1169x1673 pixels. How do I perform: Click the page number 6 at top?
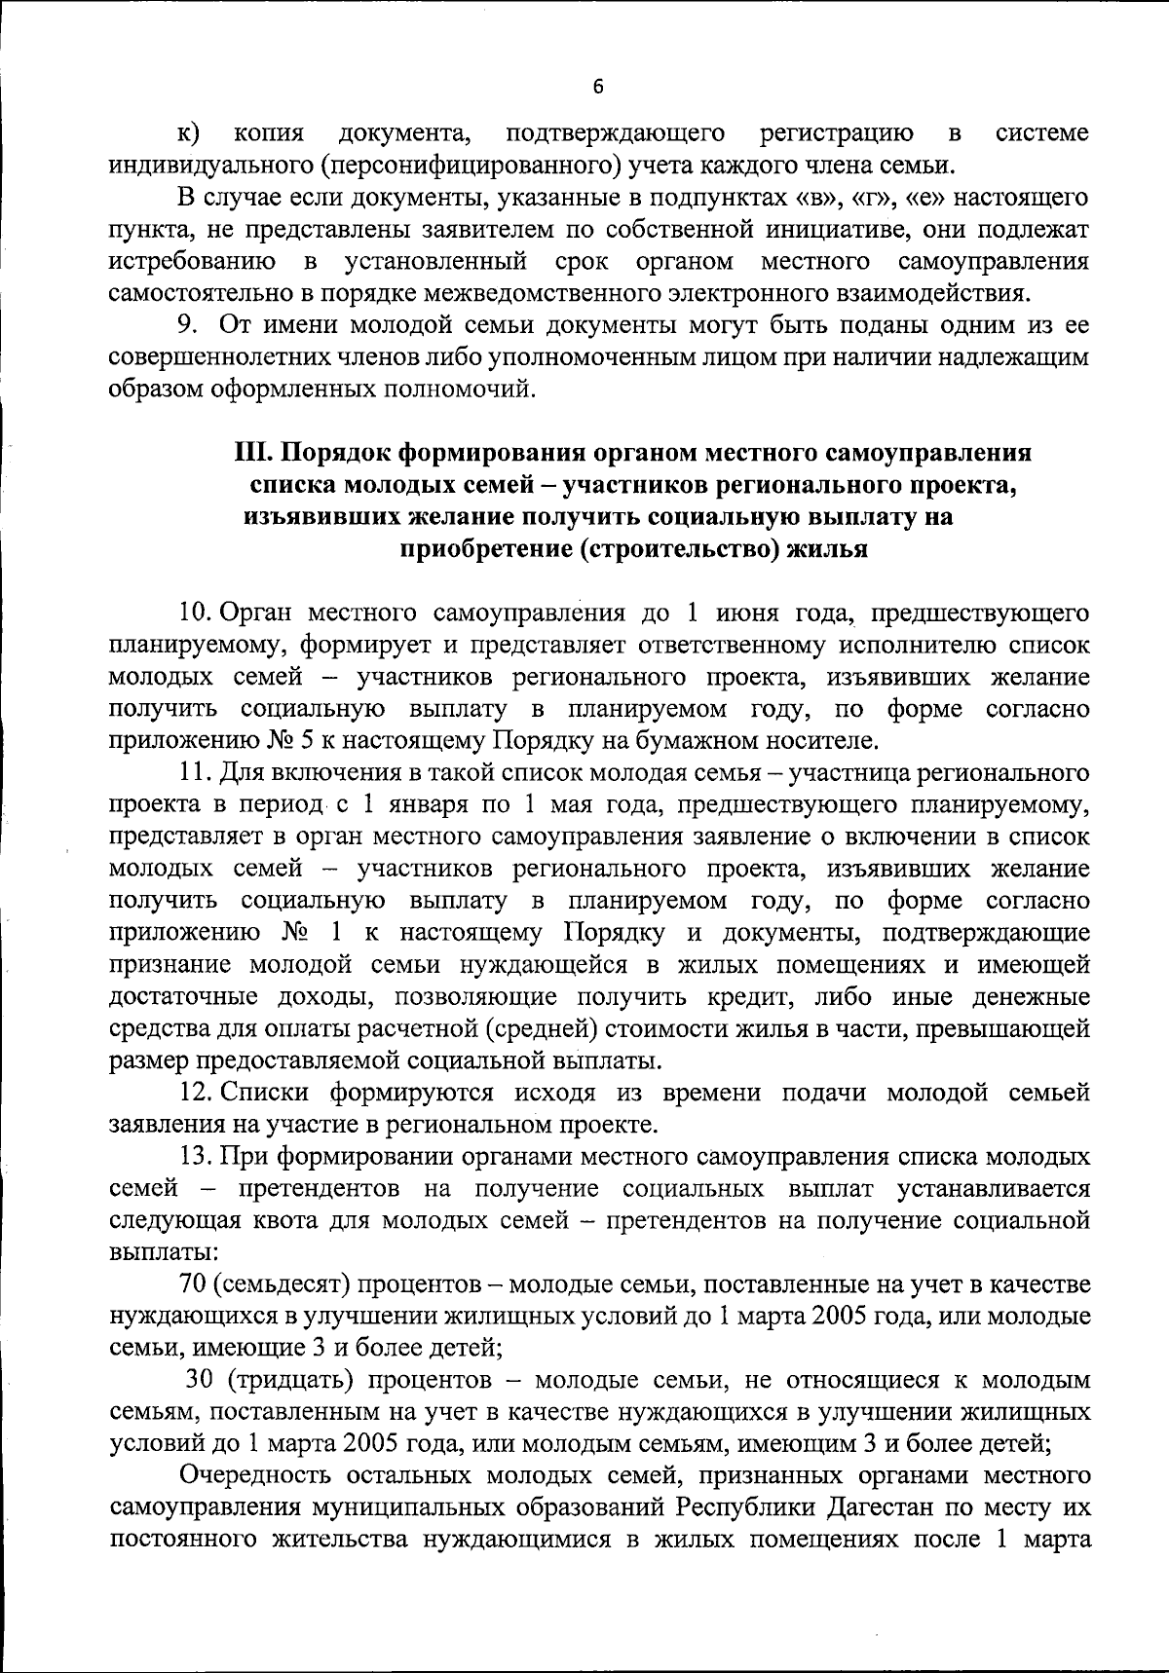tap(598, 87)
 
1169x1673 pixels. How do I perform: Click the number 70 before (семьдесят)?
tap(191, 1284)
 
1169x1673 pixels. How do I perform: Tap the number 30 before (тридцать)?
tap(199, 1380)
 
